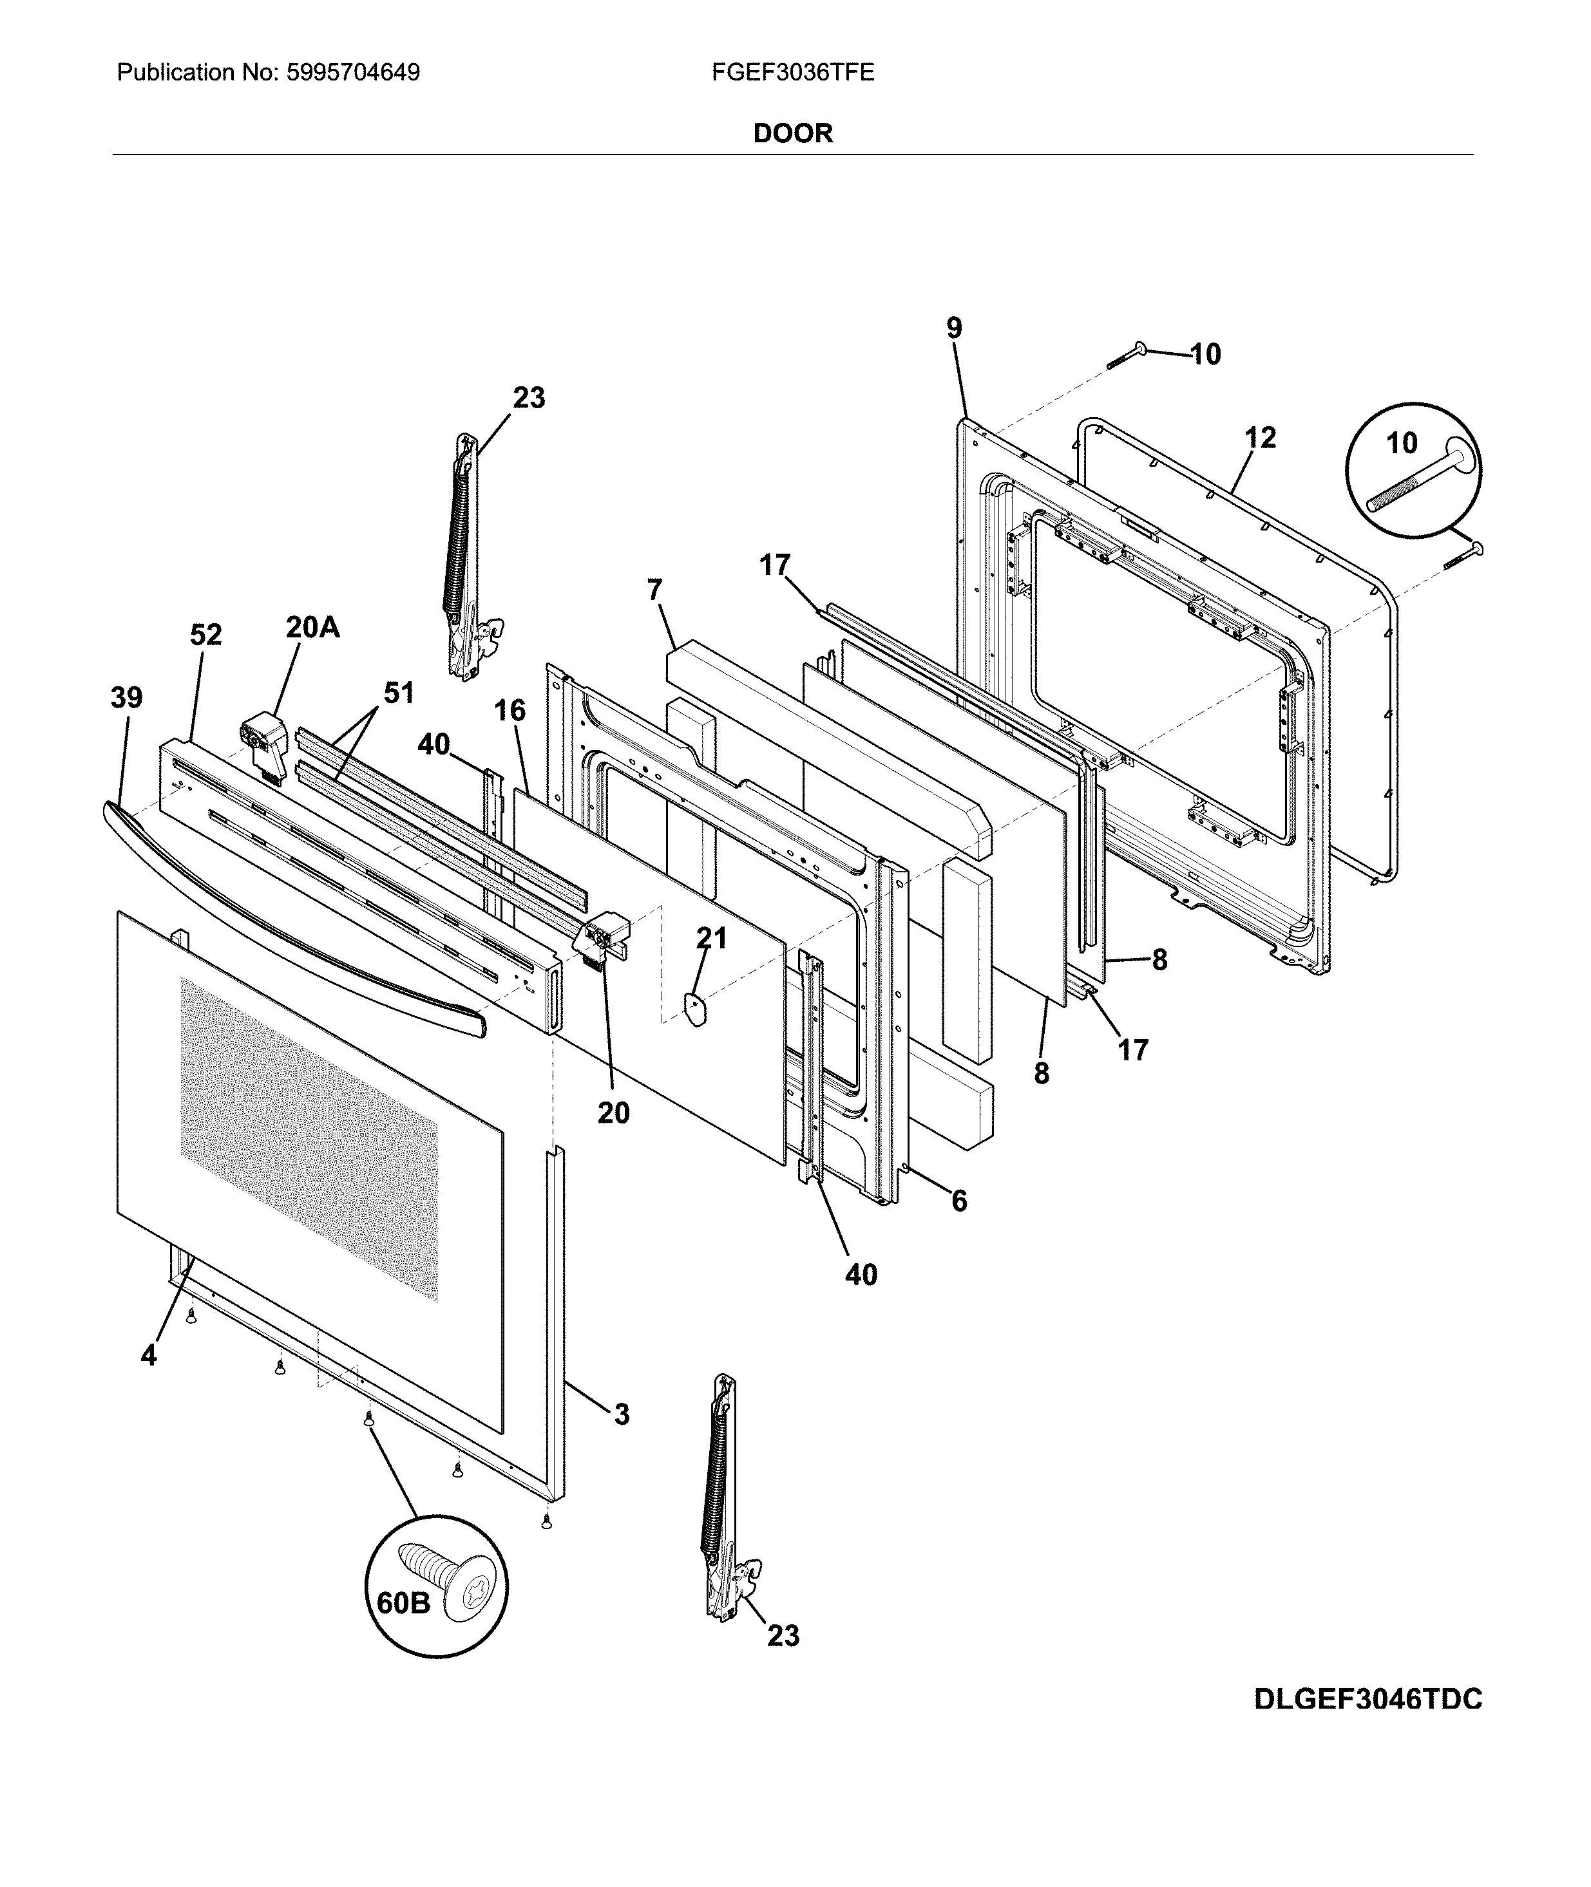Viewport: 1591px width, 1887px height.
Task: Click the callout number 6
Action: (958, 1200)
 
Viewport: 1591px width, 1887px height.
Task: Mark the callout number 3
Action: (622, 1414)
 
